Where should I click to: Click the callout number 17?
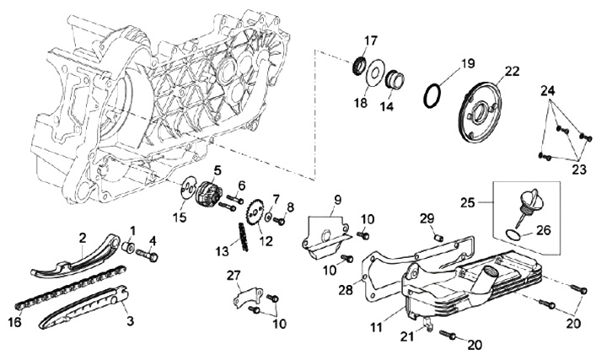[370, 40]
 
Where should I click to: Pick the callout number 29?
[427, 218]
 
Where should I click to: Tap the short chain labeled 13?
[244, 237]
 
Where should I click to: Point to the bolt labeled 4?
[148, 255]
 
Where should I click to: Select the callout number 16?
[15, 321]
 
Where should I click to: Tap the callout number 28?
[346, 289]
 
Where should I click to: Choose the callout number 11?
[376, 327]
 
